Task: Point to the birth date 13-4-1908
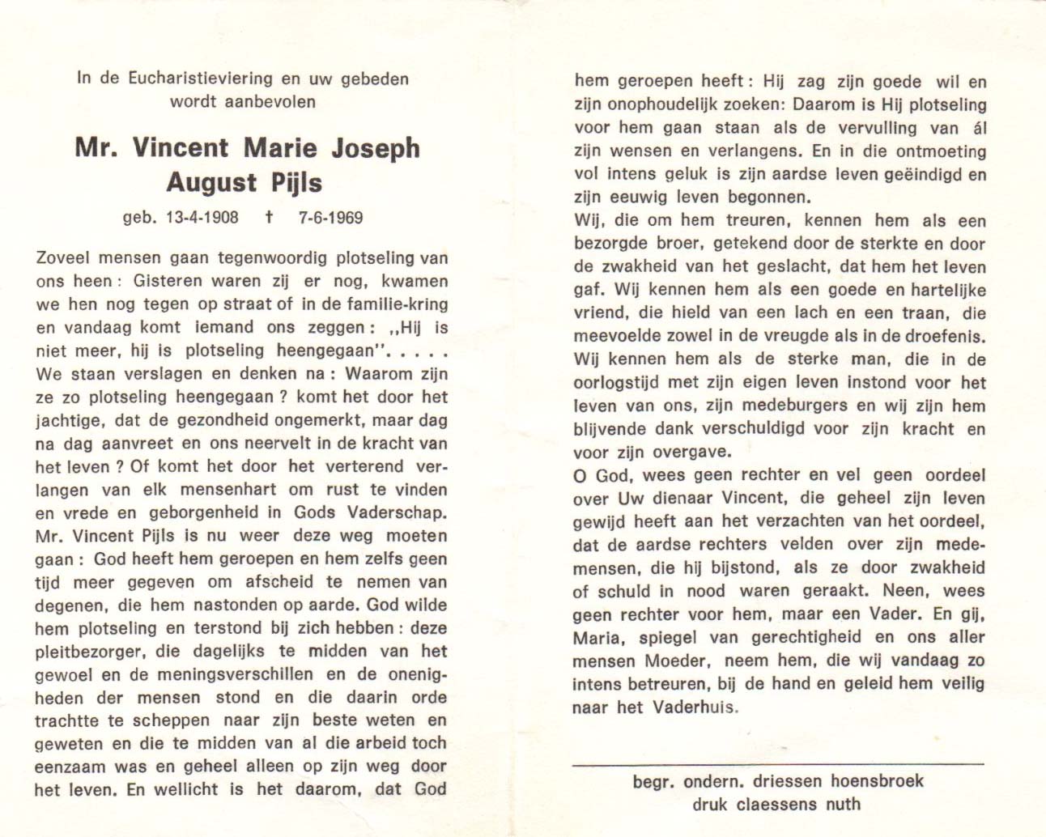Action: tap(192, 217)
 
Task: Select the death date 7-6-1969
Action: tap(331, 217)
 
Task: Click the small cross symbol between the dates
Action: tap(268, 217)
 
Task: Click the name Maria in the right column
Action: tap(597, 638)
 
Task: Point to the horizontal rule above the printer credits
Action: tap(777, 764)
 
